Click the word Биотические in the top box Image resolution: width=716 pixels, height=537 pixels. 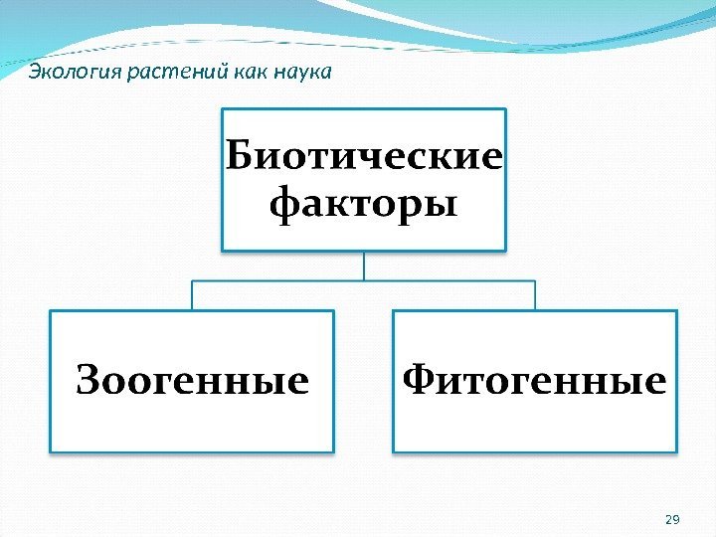pos(364,156)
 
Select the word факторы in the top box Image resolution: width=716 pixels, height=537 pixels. pos(364,206)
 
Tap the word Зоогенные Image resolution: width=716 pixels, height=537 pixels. pos(193,381)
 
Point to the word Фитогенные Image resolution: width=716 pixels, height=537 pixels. pos(535,381)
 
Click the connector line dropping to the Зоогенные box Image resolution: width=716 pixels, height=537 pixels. pos(192,295)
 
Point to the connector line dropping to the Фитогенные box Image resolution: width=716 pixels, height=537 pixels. pos(535,295)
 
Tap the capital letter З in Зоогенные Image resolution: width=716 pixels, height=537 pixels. pos(89,381)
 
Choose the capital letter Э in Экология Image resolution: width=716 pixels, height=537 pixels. pos(33,72)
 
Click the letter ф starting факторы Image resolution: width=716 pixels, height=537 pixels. pos(285,207)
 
